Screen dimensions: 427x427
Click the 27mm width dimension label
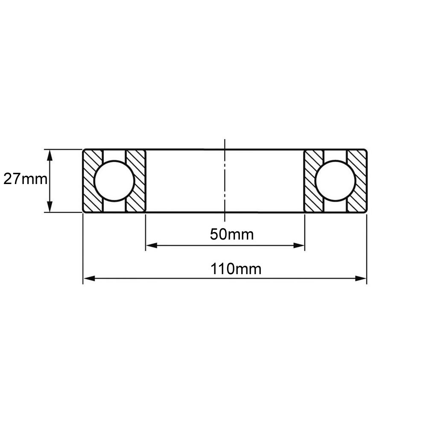(x=25, y=179)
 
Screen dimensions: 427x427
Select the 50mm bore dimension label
(x=232, y=234)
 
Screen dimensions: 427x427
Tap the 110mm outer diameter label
(x=236, y=269)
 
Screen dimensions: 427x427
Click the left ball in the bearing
(x=114, y=181)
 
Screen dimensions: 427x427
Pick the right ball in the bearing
(x=336, y=181)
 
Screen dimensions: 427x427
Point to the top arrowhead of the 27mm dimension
(x=50, y=155)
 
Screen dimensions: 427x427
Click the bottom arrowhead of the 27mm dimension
(x=50, y=207)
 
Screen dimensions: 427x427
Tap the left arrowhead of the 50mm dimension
(x=152, y=246)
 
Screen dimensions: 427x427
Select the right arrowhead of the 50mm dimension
(x=299, y=246)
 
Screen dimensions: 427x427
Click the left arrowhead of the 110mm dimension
(x=89, y=278)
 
